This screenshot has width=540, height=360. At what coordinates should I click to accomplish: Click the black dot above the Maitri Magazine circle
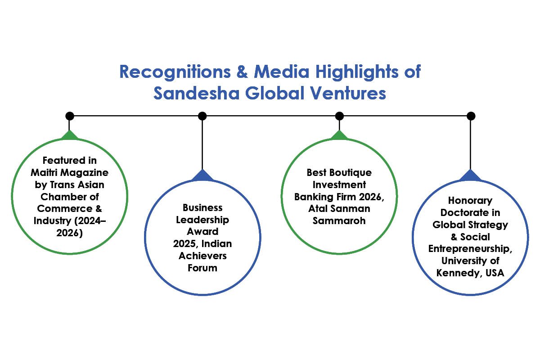click(x=69, y=116)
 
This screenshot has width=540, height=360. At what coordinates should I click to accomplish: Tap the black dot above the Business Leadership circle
click(x=202, y=116)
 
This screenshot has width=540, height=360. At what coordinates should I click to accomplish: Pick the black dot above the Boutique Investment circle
click(x=339, y=116)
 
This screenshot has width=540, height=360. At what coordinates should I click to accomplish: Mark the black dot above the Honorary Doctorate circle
click(x=471, y=116)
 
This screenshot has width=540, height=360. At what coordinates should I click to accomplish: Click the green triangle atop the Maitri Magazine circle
click(x=69, y=135)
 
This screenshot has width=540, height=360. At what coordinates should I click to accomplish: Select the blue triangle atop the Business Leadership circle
click(x=202, y=175)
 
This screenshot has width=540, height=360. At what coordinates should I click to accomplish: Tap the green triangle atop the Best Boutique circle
click(x=339, y=135)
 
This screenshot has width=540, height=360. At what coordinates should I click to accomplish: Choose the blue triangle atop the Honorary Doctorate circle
click(x=471, y=175)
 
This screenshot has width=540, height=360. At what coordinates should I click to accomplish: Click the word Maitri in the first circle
click(x=45, y=172)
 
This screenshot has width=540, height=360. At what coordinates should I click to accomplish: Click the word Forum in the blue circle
click(x=202, y=268)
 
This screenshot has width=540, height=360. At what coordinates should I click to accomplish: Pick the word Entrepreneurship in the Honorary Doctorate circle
click(x=470, y=249)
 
